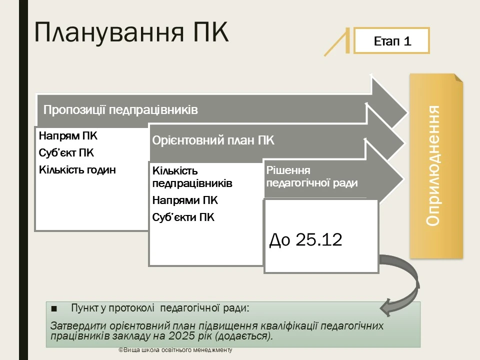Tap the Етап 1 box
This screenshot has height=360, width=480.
point(392,41)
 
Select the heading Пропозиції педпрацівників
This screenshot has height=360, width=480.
point(120,110)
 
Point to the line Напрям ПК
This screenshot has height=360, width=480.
point(68,136)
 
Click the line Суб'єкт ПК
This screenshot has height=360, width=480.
point(66,153)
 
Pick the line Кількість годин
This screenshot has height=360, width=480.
point(77,170)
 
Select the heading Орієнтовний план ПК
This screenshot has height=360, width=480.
point(213,140)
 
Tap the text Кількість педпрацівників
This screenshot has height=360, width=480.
point(192,177)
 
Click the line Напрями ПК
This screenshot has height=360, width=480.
point(185,201)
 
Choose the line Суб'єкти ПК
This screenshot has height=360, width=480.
point(183,217)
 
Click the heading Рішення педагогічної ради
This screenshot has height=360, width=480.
point(312,176)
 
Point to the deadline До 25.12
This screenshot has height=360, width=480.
point(305,240)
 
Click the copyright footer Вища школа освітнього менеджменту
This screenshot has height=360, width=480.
point(175,350)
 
